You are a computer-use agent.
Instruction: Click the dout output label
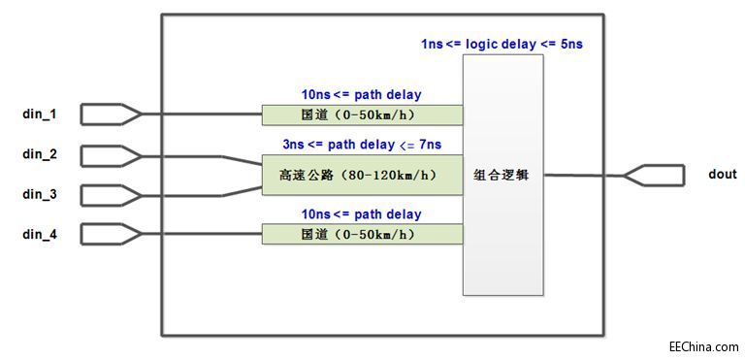click(724, 175)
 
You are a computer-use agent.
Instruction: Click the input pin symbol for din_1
click(111, 115)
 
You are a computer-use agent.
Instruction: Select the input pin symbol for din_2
click(111, 155)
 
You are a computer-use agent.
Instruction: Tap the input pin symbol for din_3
click(111, 195)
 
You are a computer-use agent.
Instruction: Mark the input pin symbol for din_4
click(111, 234)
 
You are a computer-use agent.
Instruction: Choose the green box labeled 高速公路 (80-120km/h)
click(362, 176)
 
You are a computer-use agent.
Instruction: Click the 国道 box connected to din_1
click(362, 116)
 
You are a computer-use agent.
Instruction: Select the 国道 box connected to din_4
click(362, 235)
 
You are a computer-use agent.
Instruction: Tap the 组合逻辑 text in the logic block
click(501, 176)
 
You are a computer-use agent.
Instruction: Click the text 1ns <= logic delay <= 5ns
click(501, 44)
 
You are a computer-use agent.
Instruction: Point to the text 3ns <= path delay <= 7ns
click(362, 145)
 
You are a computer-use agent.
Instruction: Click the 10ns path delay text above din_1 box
click(362, 95)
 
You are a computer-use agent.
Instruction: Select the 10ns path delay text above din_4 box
click(362, 213)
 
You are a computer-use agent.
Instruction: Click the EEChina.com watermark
click(703, 345)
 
